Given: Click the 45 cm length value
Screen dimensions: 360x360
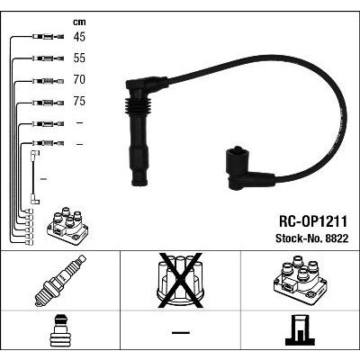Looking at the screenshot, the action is click(x=79, y=37).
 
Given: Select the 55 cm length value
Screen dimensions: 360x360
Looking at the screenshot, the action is click(x=79, y=58).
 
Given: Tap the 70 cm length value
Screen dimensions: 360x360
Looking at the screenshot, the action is click(x=79, y=79).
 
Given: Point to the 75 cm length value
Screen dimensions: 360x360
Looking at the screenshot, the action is click(x=79, y=101).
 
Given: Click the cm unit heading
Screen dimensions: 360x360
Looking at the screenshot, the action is click(x=79, y=22).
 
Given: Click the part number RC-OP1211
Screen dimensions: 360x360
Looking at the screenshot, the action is click(x=313, y=221).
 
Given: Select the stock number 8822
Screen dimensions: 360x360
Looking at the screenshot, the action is click(x=336, y=238).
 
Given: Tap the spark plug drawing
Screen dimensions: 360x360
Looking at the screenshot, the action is click(x=60, y=281).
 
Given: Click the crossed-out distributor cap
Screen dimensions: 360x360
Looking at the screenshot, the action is click(x=180, y=281).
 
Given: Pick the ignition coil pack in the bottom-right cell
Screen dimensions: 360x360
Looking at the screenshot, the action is click(x=300, y=280).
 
